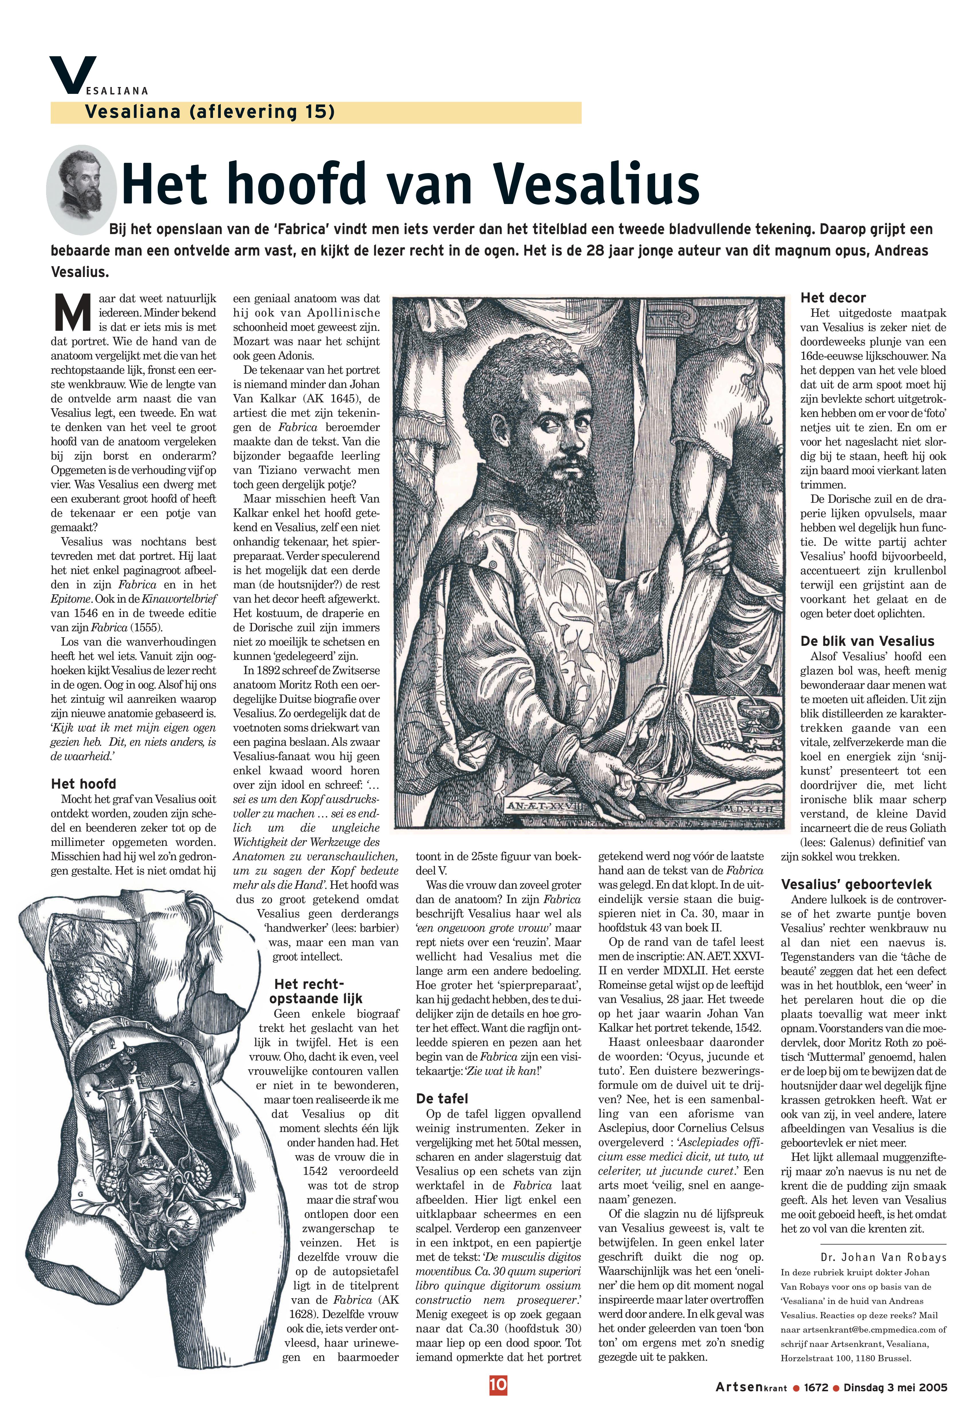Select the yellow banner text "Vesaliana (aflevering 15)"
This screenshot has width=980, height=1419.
[x=210, y=112]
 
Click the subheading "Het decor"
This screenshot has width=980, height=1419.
[x=833, y=298]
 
